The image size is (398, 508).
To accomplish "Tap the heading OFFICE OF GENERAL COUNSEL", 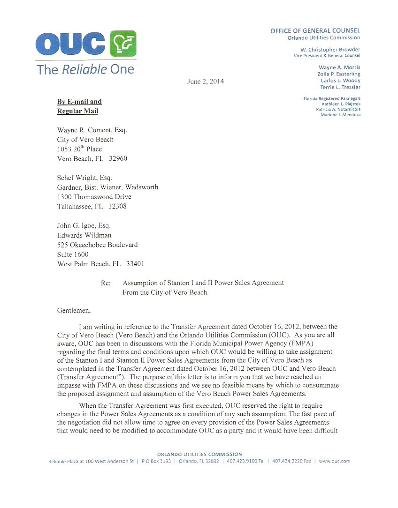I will coord(315,31).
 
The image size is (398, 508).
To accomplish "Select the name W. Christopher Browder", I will coord(330,50).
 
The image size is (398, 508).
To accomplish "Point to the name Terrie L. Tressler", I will coord(340,87).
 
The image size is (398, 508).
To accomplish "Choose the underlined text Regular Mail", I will coord(77,111).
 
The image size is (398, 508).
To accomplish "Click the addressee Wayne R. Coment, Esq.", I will coord(92,130).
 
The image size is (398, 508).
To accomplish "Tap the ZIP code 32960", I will coord(117,158).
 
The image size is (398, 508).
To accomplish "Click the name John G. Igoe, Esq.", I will coord(84,226).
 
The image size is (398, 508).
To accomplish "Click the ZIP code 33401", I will coord(135,264).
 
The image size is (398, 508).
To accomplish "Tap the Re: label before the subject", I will coord(106,283).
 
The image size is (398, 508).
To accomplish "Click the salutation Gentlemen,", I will coord(74,310).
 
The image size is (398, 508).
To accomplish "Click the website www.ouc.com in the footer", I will coord(335,461).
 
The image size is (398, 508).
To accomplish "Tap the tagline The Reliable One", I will coord(85,70).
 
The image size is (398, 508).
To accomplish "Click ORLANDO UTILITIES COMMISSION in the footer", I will coord(199,454).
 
